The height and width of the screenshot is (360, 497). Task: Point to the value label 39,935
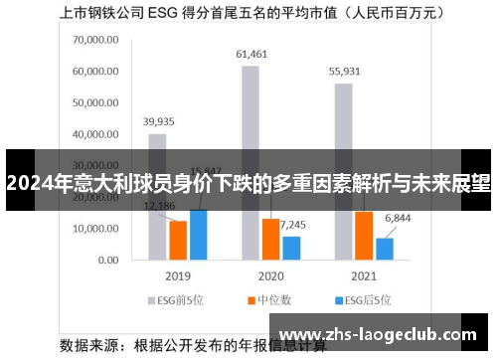click(158, 121)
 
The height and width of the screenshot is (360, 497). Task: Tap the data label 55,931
click(344, 71)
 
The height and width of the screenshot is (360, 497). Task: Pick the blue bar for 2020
click(291, 248)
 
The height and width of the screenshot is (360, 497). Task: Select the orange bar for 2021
click(364, 236)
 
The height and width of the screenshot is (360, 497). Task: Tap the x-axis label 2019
click(178, 274)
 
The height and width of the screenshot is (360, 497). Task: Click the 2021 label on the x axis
click(363, 274)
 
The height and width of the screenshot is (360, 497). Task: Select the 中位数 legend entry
click(271, 298)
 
